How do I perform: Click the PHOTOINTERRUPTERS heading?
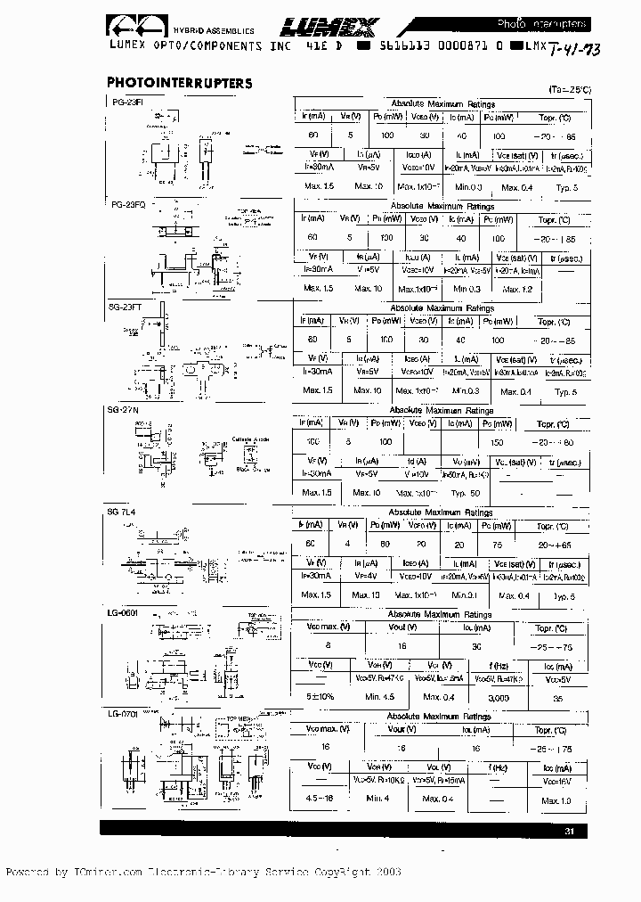(x=179, y=83)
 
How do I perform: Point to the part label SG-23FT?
(x=125, y=306)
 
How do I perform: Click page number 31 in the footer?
(x=571, y=832)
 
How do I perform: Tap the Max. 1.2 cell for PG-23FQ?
(x=515, y=289)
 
